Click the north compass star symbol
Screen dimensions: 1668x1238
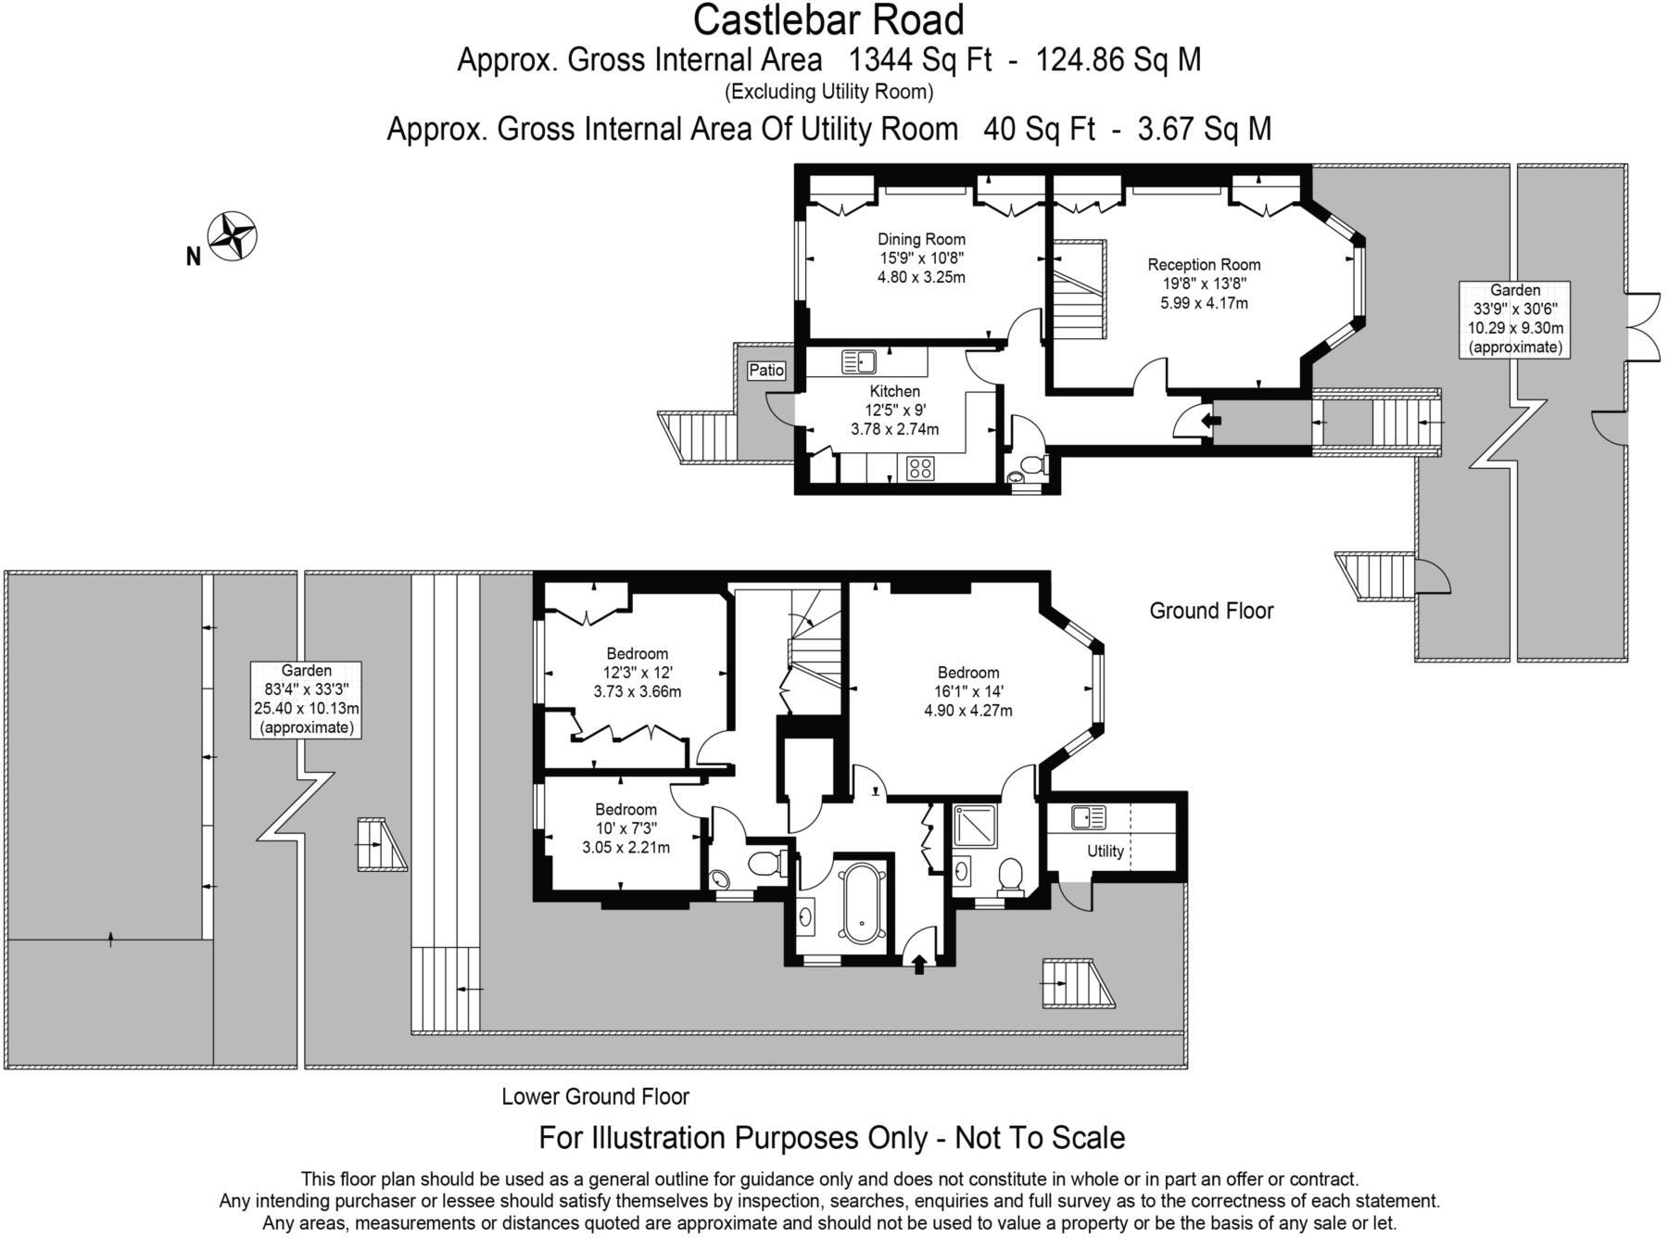tap(232, 236)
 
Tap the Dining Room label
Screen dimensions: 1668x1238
tap(921, 239)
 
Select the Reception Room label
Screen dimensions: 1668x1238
tap(1204, 265)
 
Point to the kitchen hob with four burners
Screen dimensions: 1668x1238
tap(921, 469)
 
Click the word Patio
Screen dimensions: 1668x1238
tap(766, 371)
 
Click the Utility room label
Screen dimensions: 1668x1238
tap(1106, 851)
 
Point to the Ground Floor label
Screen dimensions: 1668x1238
tap(1211, 611)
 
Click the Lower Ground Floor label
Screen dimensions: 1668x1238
tap(596, 1096)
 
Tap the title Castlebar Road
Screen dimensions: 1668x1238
tap(828, 19)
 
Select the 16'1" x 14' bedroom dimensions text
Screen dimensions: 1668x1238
tap(968, 691)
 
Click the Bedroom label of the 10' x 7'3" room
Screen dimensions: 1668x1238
tap(626, 809)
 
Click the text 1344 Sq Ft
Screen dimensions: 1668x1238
tap(920, 60)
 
